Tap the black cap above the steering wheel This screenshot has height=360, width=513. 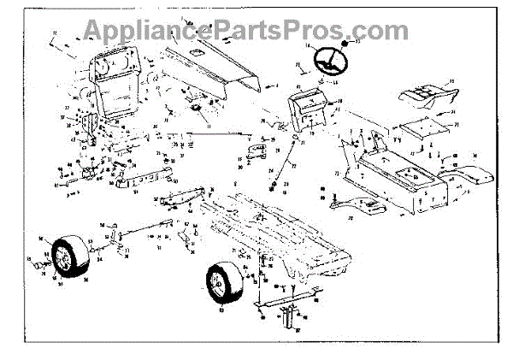point(344,42)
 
